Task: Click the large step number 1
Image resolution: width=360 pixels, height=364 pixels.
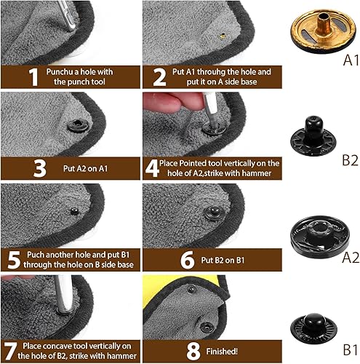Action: [x=33, y=77]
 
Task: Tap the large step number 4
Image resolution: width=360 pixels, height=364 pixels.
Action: [x=152, y=168]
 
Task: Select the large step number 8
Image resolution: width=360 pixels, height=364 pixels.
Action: [x=193, y=351]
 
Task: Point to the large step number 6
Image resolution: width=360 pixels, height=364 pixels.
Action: [x=188, y=260]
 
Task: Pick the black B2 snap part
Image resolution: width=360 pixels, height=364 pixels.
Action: [x=313, y=136]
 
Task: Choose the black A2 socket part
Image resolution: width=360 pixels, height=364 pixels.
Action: [x=320, y=237]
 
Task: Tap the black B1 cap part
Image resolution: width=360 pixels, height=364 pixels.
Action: [x=313, y=328]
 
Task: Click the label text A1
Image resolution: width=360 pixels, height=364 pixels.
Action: [x=351, y=60]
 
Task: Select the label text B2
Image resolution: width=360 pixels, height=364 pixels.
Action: [x=351, y=160]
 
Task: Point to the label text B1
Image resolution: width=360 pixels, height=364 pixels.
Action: [x=351, y=349]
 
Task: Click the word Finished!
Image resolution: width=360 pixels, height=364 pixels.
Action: [x=222, y=351]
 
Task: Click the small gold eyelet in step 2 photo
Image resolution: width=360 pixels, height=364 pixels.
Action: [x=223, y=36]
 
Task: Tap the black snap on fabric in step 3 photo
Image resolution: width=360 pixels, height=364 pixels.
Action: [x=78, y=126]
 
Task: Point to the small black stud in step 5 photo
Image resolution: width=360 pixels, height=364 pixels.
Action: [x=75, y=211]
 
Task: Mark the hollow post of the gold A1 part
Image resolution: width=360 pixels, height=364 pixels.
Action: [x=324, y=23]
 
